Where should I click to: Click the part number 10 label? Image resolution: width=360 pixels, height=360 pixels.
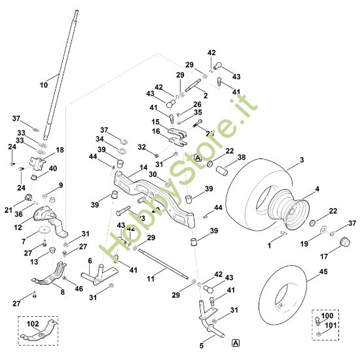pyautogui.click(x=45, y=85)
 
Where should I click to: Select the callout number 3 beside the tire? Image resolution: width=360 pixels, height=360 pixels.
pyautogui.click(x=302, y=160)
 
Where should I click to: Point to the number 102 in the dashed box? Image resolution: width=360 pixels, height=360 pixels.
pyautogui.click(x=32, y=323)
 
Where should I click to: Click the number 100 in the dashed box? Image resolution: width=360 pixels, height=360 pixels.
pyautogui.click(x=327, y=316)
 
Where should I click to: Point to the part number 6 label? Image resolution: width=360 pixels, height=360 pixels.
pyautogui.click(x=90, y=261)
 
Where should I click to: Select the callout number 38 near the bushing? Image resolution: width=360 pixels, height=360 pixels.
pyautogui.click(x=242, y=158)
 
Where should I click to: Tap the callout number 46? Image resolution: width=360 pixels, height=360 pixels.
pyautogui.click(x=79, y=288)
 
